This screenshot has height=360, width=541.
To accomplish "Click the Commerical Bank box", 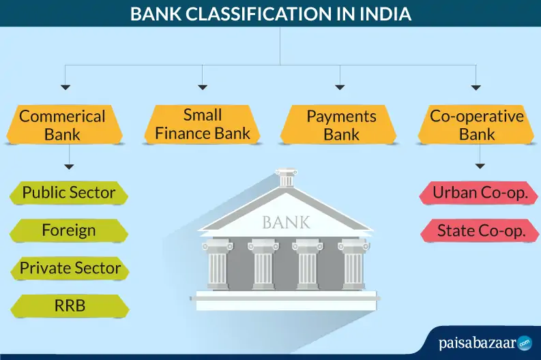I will pos(63,125).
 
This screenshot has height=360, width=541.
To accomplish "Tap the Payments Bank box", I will pos(341,125).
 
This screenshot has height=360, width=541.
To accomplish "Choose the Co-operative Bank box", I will pos(476,124).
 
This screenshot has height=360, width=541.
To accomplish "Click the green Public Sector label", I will pos(68,192).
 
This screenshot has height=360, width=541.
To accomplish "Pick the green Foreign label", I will pos(68,230).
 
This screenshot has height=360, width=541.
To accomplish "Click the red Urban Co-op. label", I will pos(480,193).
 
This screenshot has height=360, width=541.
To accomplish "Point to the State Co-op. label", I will pos(480,230).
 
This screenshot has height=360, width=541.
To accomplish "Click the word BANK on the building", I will pos(286,222).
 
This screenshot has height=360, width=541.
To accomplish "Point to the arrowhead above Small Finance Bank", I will pos(203,87).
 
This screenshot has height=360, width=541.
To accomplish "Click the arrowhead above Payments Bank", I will pos(340,87).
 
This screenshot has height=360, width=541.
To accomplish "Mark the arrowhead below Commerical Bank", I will pos(68,166).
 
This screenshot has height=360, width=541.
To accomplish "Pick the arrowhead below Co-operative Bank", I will pos(480,166).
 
